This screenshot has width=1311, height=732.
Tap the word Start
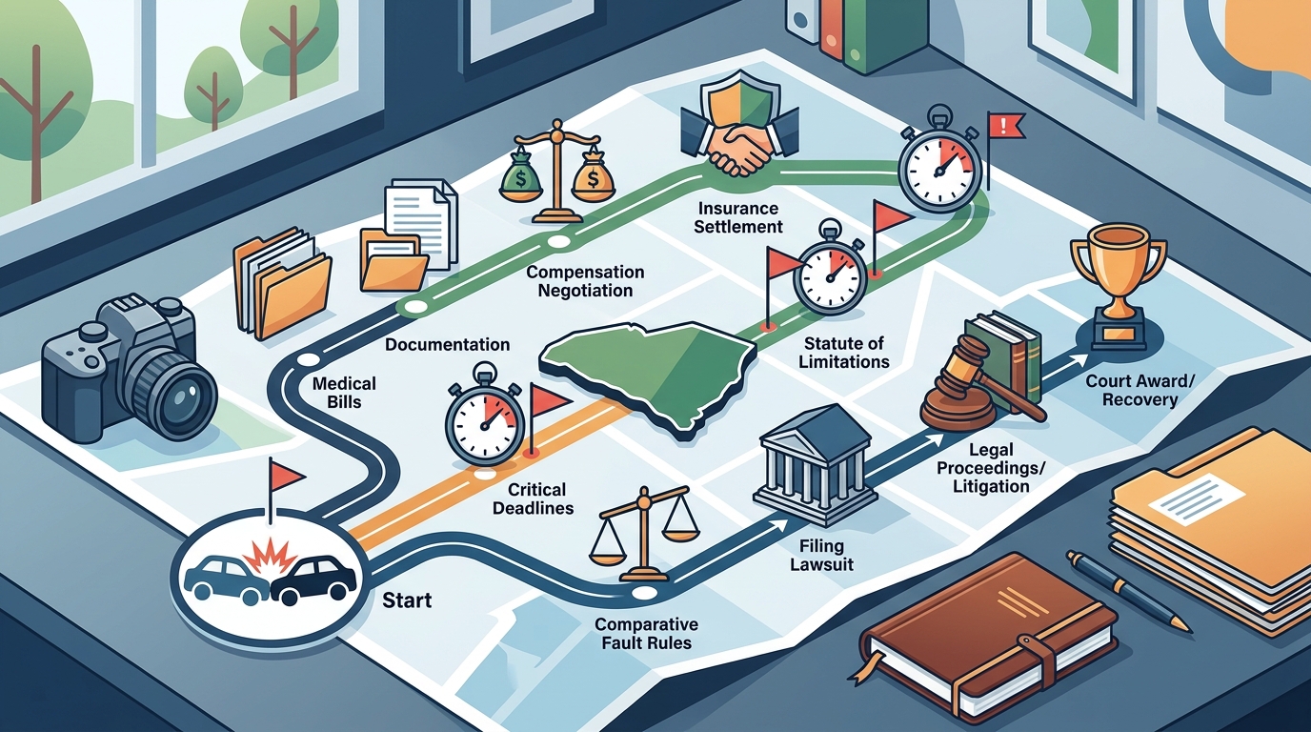[x=407, y=600]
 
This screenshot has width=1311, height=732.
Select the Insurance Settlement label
[x=738, y=217]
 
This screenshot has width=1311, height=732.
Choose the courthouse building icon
[x=816, y=465]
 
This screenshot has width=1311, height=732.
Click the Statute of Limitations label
[x=844, y=352]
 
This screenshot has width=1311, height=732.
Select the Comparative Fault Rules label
[x=646, y=633]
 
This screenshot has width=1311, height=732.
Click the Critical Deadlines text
[x=533, y=498]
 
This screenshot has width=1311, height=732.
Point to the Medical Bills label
[x=344, y=393]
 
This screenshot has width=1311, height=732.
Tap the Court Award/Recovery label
[x=1140, y=391]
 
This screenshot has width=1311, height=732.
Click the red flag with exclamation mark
[x=1005, y=125]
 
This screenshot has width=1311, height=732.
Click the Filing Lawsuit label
[x=821, y=555]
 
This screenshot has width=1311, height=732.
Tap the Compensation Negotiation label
[x=585, y=281]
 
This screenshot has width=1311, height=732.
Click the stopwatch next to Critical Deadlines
[x=485, y=416]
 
